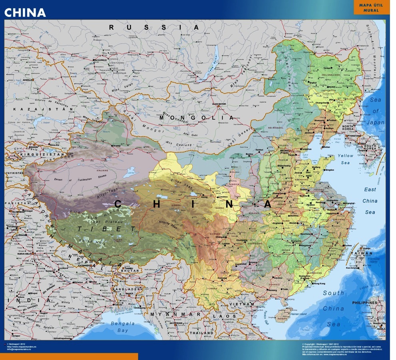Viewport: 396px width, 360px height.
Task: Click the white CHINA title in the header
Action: pos(25,12)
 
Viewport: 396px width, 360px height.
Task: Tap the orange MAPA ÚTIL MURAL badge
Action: pos(371,7)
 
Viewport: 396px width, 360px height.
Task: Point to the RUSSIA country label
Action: pos(154,28)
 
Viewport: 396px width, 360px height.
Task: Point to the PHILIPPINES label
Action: pos(364,303)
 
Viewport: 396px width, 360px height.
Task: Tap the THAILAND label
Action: pos(201,333)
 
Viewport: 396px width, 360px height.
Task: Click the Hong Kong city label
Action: pos(319,284)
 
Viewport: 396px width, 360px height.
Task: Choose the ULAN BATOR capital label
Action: pos(219,104)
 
